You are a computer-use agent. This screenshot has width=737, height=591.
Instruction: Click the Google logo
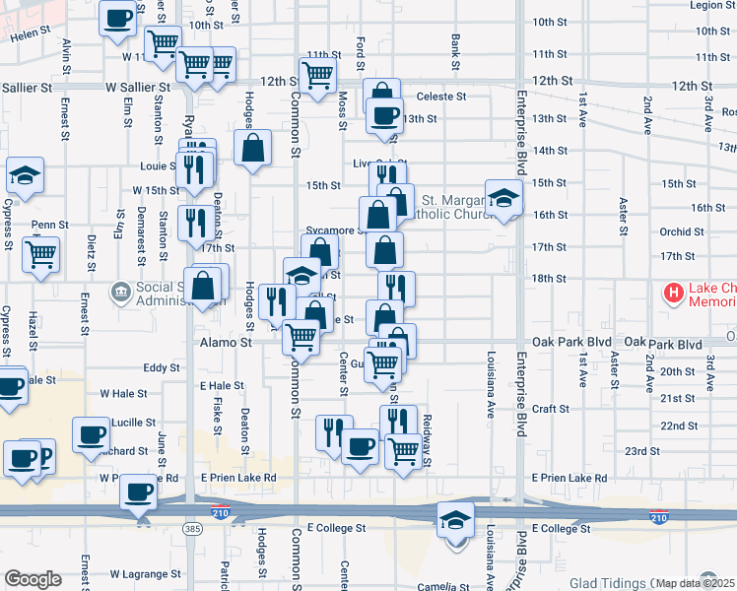point(33,579)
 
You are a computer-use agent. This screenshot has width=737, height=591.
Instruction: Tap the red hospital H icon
point(674,293)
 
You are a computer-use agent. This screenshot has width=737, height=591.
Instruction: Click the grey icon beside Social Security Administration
point(121,292)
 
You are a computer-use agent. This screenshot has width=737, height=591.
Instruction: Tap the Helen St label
point(30,34)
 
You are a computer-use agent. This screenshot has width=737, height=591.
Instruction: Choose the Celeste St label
point(440,97)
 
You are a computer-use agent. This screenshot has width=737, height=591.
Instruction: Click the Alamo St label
point(227,343)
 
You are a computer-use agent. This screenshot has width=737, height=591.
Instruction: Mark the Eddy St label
point(161,367)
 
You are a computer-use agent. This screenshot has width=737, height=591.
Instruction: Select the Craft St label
point(551,409)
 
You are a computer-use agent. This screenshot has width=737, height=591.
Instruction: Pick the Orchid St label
point(682,232)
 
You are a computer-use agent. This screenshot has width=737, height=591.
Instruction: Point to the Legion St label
point(712,6)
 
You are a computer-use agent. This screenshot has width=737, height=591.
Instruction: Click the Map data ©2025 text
point(696,583)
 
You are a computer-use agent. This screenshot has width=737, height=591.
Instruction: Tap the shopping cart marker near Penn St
point(41,255)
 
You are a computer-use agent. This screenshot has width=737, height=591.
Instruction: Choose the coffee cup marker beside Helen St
point(118,18)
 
